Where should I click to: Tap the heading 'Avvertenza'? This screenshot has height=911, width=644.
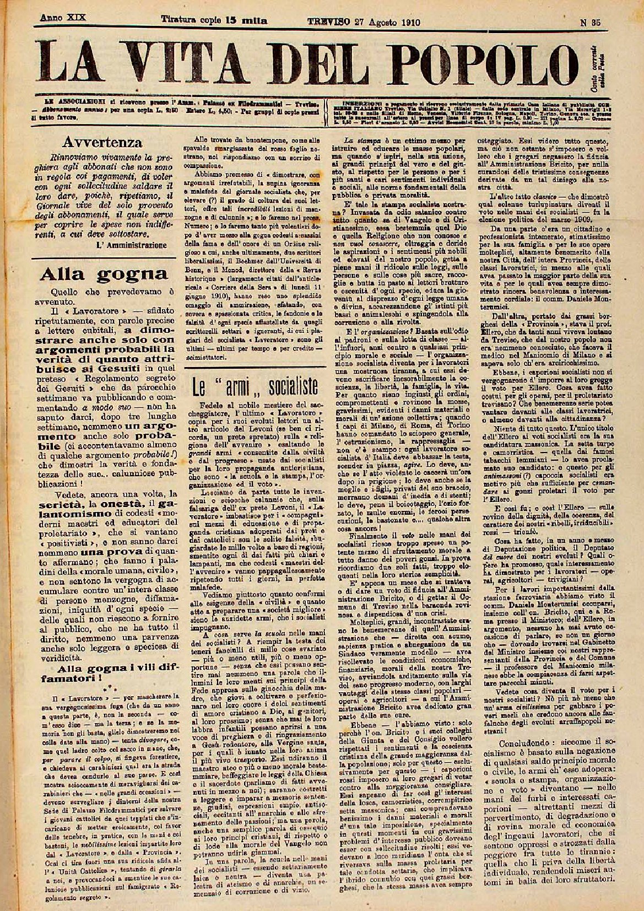pyautogui.click(x=103, y=143)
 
